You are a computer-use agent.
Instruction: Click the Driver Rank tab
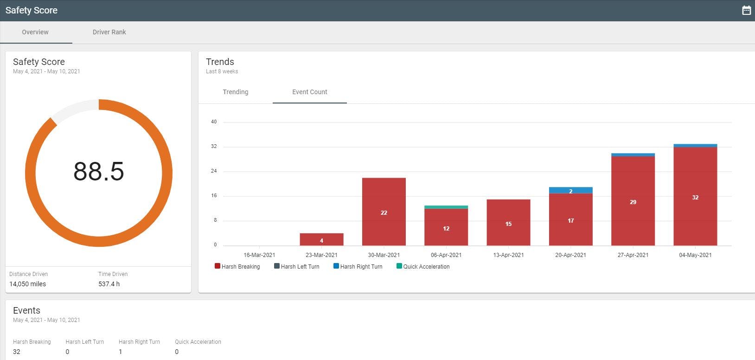coord(109,32)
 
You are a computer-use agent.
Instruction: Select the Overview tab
coord(35,32)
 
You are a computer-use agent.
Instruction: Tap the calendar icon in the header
coord(746,10)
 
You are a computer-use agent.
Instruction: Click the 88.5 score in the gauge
coord(99,171)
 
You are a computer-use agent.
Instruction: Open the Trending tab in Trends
coord(235,92)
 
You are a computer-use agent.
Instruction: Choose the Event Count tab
coord(309,92)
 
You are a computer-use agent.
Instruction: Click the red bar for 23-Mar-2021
coord(321,239)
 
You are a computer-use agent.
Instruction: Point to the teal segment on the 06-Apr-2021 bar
coord(446,207)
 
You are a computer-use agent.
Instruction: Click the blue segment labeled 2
coord(570,190)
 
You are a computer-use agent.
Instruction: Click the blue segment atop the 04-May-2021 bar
coord(695,146)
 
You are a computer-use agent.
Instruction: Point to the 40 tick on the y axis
coord(214,122)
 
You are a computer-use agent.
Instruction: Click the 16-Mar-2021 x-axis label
coord(259,255)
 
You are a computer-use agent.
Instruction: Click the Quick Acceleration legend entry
coord(423,266)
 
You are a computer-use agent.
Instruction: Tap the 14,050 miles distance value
coord(28,284)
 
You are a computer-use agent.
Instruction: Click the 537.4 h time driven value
coord(109,284)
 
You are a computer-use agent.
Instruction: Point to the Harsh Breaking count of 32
coord(17,352)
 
